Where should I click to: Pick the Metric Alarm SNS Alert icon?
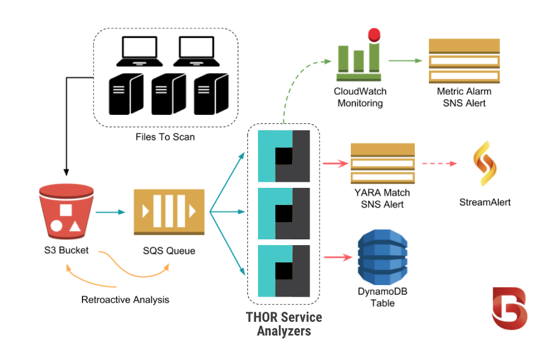(x=463, y=61)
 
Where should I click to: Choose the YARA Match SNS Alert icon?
(x=383, y=163)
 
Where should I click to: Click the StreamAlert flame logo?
(x=485, y=164)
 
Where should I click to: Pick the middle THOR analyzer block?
(x=284, y=213)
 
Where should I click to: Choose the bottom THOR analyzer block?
(x=284, y=271)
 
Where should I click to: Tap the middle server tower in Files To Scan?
(x=168, y=93)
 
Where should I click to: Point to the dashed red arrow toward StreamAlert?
(x=439, y=164)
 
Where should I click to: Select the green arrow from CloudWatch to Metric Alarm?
(x=405, y=61)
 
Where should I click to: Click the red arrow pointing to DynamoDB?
(x=337, y=257)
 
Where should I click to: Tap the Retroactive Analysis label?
(x=125, y=300)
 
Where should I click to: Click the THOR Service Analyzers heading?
(x=283, y=324)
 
